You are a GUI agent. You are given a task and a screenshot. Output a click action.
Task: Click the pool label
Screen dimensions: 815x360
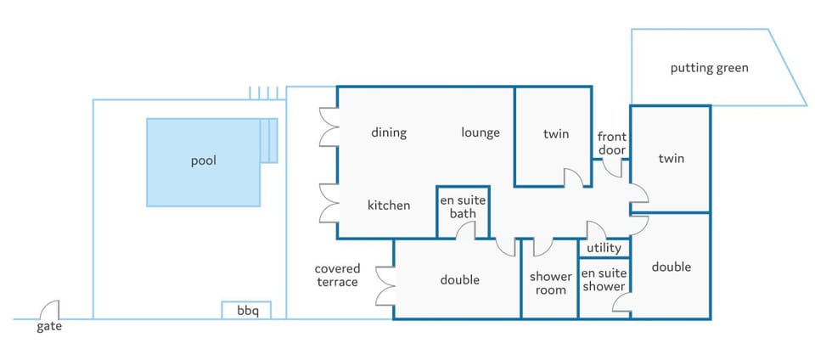[x=203, y=161]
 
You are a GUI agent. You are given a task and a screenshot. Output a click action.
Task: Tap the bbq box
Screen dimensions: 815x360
[x=246, y=310]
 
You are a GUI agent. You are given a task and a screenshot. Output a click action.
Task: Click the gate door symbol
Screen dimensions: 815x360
[x=49, y=310]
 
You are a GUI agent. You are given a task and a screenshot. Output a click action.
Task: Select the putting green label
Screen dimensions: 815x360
[x=709, y=68]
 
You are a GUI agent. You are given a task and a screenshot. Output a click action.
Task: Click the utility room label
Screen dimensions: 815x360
[x=604, y=248]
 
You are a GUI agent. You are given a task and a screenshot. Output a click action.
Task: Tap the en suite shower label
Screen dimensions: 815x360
[x=604, y=279]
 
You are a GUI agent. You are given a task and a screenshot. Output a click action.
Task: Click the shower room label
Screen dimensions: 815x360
[x=550, y=284]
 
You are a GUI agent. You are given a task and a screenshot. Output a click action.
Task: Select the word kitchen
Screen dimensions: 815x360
[x=389, y=205]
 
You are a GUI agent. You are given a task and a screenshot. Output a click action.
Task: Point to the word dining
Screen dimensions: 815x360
[x=389, y=132]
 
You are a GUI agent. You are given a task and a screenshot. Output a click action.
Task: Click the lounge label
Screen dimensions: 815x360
[x=481, y=132]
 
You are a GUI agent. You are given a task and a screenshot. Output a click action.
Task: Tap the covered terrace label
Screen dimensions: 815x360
[x=337, y=275]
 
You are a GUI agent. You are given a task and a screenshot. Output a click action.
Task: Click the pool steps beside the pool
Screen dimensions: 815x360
[x=269, y=140]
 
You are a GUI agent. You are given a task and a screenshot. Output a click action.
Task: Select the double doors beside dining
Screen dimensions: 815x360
[x=329, y=127]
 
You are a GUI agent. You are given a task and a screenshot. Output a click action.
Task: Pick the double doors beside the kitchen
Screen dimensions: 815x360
[x=329, y=204]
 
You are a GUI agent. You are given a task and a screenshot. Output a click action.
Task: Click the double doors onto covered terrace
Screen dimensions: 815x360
[x=385, y=286]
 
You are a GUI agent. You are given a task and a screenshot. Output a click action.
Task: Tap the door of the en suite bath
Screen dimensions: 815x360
[x=466, y=231]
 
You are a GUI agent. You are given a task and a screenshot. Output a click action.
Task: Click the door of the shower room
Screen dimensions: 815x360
[x=543, y=247]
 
